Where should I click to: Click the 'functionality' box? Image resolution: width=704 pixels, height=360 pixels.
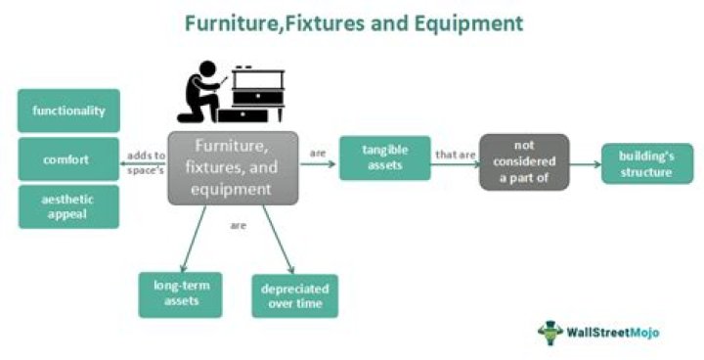(68, 111)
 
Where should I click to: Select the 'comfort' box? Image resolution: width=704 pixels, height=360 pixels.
(68, 158)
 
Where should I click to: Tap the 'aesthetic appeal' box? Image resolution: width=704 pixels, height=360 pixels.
(68, 206)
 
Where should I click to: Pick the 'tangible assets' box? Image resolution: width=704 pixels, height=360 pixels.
(384, 158)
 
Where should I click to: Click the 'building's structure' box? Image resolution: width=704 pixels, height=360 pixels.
(647, 164)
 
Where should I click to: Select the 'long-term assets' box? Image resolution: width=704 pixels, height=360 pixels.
(181, 293)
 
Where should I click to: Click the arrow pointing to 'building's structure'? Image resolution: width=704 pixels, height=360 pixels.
(584, 164)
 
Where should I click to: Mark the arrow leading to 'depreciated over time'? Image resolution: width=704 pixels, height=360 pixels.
(279, 241)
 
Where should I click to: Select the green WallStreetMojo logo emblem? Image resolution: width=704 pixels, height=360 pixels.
(550, 333)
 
